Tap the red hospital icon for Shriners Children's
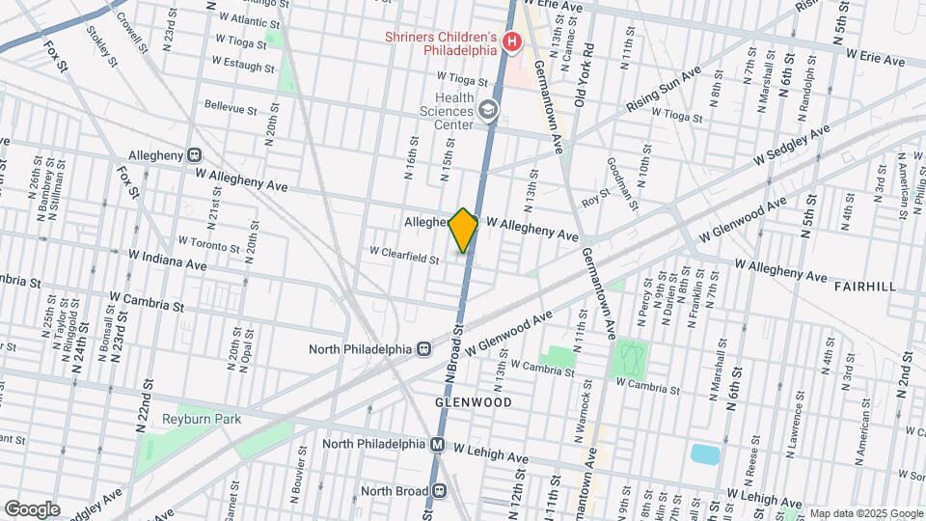[x=511, y=41]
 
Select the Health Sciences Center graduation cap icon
[x=489, y=111]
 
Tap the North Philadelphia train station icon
[x=422, y=348]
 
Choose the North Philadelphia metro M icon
[x=437, y=444]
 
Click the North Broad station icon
[x=439, y=490]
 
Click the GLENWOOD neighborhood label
[x=472, y=400]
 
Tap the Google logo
[x=32, y=508]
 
